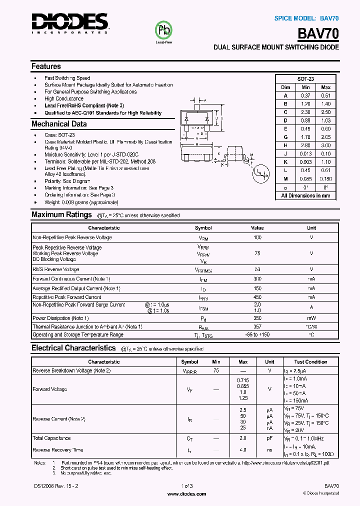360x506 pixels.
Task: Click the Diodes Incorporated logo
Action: [x=70, y=23]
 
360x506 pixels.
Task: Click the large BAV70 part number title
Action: [x=318, y=33]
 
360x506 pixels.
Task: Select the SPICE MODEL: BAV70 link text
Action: [x=306, y=18]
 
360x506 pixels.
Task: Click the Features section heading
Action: [x=46, y=66]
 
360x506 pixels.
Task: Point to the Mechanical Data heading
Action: [x=59, y=124]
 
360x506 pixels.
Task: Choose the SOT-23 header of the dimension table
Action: [x=305, y=79]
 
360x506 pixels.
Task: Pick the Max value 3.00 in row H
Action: [x=325, y=145]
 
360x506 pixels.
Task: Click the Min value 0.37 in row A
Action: [x=305, y=95]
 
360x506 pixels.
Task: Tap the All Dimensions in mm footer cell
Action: [x=305, y=195]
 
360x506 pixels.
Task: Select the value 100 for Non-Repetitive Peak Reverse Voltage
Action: [x=257, y=237]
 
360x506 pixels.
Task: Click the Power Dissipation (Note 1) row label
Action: [x=60, y=318]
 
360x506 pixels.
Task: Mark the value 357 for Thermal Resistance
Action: [x=257, y=326]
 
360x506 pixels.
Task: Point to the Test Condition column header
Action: [x=310, y=361]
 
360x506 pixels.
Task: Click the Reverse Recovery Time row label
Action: [x=57, y=450]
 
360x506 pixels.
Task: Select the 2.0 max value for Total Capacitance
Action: [x=243, y=438]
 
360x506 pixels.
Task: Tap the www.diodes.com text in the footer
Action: [x=186, y=493]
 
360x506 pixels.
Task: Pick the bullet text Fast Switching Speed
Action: [x=67, y=78]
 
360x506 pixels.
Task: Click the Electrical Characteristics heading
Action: [x=73, y=348]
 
